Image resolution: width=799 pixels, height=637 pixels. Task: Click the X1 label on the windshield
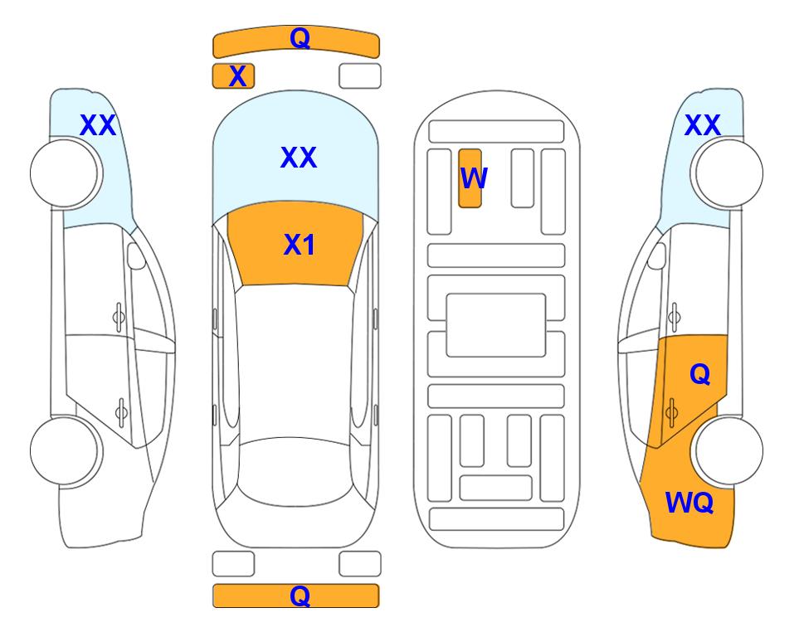click(x=300, y=245)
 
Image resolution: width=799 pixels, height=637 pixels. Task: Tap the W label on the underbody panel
click(x=474, y=177)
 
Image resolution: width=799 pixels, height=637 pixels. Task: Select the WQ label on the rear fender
click(x=689, y=503)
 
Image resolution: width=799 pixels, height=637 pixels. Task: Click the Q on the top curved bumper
click(x=300, y=37)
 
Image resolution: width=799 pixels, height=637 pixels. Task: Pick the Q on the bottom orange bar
click(x=300, y=596)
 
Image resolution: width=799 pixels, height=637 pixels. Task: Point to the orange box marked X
click(x=233, y=76)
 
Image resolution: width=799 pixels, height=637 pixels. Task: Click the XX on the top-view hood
click(x=299, y=158)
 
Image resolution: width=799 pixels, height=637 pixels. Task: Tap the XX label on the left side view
click(x=99, y=125)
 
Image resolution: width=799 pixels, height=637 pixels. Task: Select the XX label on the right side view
click(x=703, y=125)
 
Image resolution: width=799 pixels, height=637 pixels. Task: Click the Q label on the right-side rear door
click(x=700, y=375)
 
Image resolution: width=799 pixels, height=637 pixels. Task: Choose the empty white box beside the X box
click(x=360, y=76)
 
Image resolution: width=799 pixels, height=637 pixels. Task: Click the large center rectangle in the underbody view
click(x=496, y=325)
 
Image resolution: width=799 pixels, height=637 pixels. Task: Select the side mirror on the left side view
click(x=136, y=255)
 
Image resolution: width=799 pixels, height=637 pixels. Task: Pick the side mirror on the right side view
click(x=657, y=255)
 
